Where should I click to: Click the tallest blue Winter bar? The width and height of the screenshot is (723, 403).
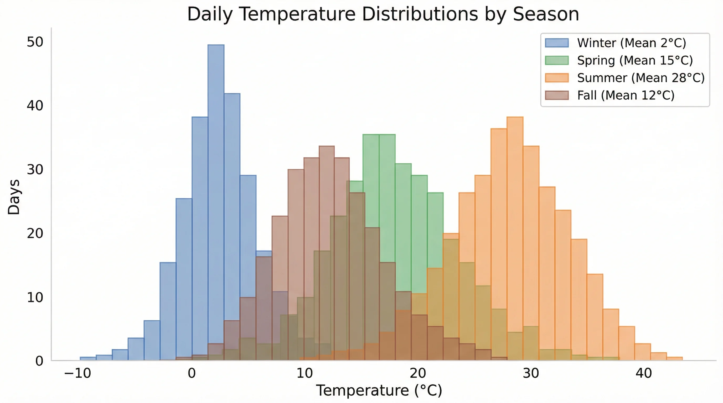click(x=216, y=168)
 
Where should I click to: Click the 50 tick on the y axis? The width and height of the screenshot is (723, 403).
click(x=35, y=42)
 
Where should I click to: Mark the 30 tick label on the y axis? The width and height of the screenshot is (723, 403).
click(x=35, y=169)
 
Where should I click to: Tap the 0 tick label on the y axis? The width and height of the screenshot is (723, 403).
click(x=39, y=361)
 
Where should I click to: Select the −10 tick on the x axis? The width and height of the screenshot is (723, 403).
click(x=78, y=373)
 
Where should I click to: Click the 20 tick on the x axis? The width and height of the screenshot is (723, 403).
click(x=418, y=373)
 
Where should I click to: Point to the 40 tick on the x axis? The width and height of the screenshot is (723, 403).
click(x=644, y=373)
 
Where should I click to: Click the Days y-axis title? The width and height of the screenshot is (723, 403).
click(x=14, y=197)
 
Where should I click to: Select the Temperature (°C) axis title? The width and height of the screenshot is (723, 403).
click(x=379, y=390)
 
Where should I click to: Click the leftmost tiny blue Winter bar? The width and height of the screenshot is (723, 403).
click(x=88, y=359)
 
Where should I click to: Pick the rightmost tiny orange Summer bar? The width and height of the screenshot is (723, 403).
click(x=674, y=359)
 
